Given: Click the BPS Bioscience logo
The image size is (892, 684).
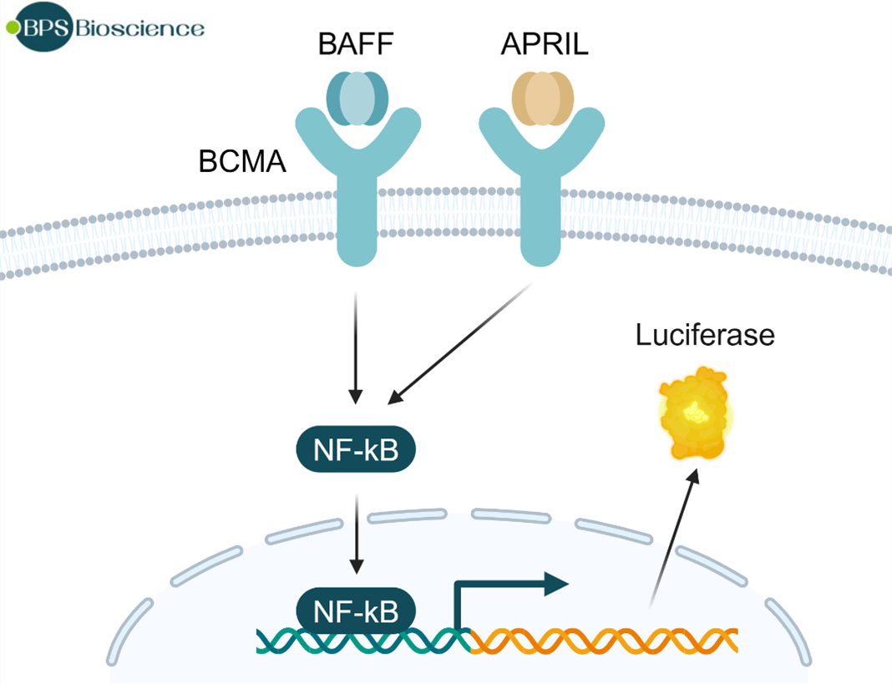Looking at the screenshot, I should tap(105, 28).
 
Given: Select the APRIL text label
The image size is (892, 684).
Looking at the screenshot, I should tap(543, 44).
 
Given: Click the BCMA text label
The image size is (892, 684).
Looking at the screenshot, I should tap(242, 161).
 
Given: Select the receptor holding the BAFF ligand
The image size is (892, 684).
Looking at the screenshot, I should tap(357, 192).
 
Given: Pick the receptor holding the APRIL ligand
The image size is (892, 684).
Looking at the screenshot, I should tap(543, 192).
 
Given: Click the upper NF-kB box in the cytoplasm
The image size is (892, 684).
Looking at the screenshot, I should tap(356, 450).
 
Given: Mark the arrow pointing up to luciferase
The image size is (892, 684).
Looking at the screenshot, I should tap(672, 535).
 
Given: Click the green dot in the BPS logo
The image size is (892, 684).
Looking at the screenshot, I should tap(11, 27).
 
